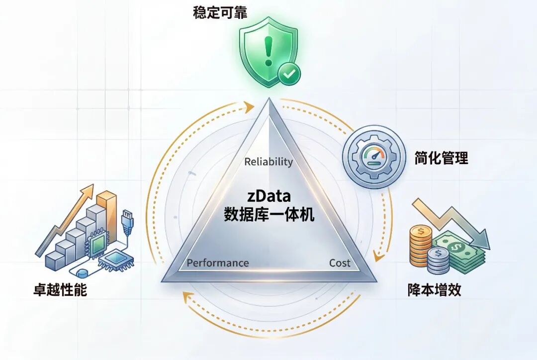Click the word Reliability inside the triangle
[x=268, y=162]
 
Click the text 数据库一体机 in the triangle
[x=269, y=215]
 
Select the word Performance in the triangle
[x=218, y=263]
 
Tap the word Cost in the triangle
[x=340, y=263]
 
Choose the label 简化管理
[x=441, y=159]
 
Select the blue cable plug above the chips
[x=127, y=219]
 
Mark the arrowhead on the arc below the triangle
[x=187, y=298]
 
